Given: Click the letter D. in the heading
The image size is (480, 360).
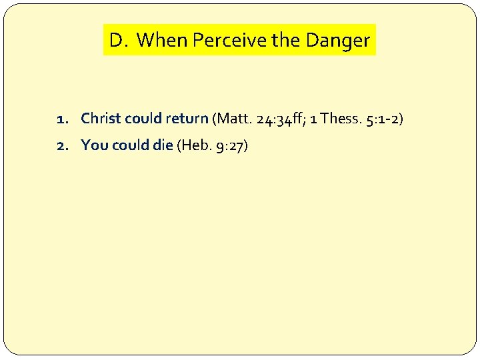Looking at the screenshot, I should [x=118, y=41].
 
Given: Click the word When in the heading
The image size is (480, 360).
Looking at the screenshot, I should [x=162, y=41].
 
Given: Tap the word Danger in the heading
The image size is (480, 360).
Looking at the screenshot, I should [x=337, y=41].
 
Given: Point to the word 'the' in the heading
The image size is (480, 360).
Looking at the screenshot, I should [x=287, y=41].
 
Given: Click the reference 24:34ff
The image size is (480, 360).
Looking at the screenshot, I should [x=281, y=119].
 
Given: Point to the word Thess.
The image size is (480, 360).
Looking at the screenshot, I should [x=340, y=119].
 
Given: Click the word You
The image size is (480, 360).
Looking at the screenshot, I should [x=94, y=145].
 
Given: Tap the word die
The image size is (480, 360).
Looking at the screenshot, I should [x=162, y=145].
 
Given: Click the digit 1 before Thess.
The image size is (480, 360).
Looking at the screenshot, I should [x=314, y=119].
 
